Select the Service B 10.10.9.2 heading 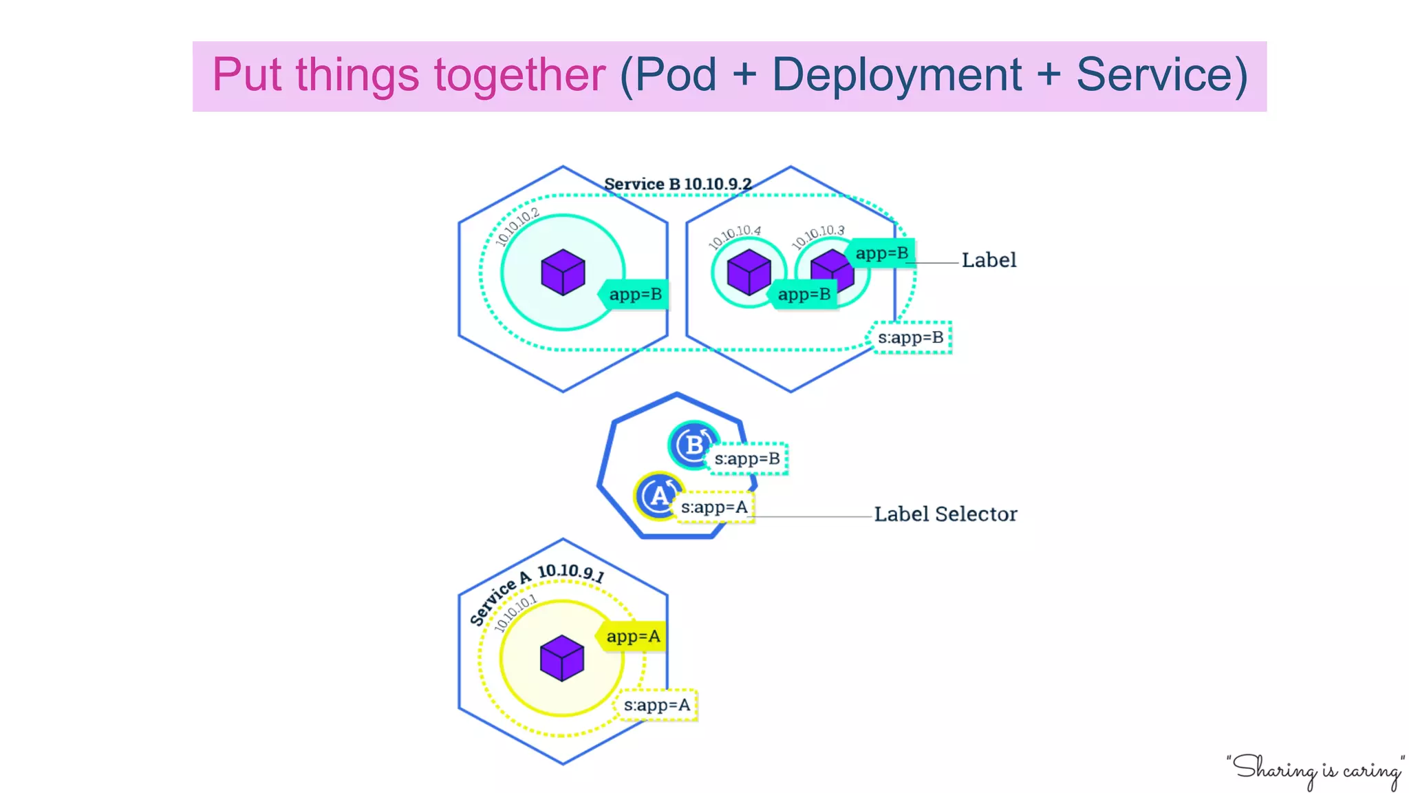click(x=677, y=184)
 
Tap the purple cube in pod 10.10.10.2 click(x=563, y=272)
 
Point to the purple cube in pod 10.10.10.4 click(x=749, y=272)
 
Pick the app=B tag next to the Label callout click(x=881, y=253)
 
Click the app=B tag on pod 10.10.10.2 click(x=635, y=295)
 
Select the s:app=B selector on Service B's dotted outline click(x=910, y=337)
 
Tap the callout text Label click(x=989, y=260)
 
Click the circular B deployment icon click(x=693, y=445)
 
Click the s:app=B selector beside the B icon click(x=747, y=458)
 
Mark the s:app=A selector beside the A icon click(x=714, y=507)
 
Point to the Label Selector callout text click(x=945, y=514)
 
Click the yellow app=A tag click(x=632, y=637)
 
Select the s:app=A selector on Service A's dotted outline click(x=656, y=705)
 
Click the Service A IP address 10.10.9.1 click(x=571, y=572)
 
